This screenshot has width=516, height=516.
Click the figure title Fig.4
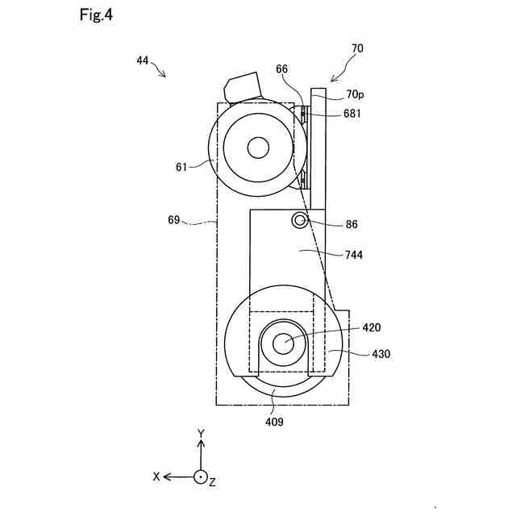pos(96,15)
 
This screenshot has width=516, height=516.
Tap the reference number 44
pos(143,60)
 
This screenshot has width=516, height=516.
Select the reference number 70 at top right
pos(357,48)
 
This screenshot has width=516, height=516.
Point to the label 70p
pos(355,95)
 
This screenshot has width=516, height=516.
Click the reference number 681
pos(352,114)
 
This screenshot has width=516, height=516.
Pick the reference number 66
pos(281,69)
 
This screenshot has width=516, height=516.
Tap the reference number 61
pos(181,167)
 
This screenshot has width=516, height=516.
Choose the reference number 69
pos(174,219)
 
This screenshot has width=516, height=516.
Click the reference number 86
pos(352,224)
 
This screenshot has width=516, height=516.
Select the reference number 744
pos(354,255)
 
